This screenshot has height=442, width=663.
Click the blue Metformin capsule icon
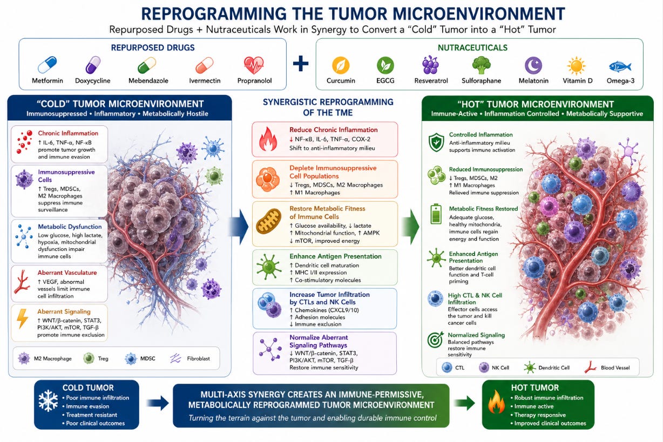(48, 65)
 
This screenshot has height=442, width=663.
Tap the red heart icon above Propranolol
(254, 65)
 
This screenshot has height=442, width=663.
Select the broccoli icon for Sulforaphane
(481, 65)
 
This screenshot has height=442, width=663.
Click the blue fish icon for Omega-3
(620, 66)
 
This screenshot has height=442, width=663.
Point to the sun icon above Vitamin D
(576, 65)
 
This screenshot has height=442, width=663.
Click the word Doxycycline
(93, 81)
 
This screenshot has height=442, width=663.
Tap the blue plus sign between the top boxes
(301, 63)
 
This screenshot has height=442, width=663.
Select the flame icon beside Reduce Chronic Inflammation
(268, 139)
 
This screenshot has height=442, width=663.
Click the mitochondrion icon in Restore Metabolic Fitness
(268, 221)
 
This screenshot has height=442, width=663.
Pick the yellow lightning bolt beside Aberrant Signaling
(23, 318)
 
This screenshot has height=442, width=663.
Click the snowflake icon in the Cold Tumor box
(48, 400)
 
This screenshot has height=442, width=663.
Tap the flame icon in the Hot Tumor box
(496, 402)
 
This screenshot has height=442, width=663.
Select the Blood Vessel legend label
(615, 368)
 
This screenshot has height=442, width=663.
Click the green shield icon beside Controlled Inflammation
(437, 142)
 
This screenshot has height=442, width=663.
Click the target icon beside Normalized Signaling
(435, 339)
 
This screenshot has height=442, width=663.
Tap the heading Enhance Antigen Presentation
(335, 256)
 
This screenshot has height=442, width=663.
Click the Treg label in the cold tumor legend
(103, 358)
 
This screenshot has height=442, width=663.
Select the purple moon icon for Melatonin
(533, 65)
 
